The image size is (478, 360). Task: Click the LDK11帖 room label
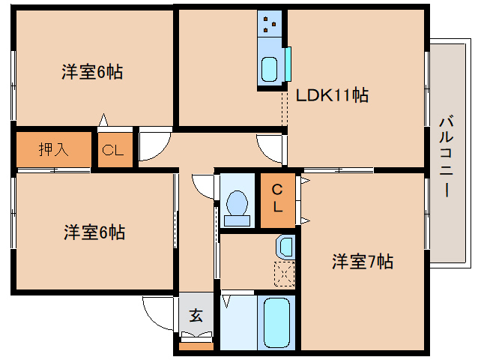pyautogui.click(x=331, y=96)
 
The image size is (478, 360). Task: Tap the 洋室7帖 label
pyautogui.click(x=363, y=262)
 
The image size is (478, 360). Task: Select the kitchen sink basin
pyautogui.click(x=269, y=69)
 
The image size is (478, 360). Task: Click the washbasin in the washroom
pyautogui.click(x=284, y=246)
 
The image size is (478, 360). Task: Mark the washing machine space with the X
pyautogui.click(x=284, y=275)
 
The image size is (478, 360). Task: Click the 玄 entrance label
pyautogui.click(x=196, y=316)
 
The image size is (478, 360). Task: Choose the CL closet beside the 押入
pyautogui.click(x=113, y=149)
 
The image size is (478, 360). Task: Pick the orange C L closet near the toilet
pyautogui.click(x=277, y=198)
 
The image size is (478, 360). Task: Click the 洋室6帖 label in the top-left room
pyautogui.click(x=92, y=73)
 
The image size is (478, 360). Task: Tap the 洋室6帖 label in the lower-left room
pyautogui.click(x=94, y=232)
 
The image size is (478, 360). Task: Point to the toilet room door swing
pyautogui.click(x=203, y=184)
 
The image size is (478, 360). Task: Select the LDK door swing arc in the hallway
pyautogui.click(x=270, y=146)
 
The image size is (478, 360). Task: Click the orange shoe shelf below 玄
pyautogui.click(x=196, y=346)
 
